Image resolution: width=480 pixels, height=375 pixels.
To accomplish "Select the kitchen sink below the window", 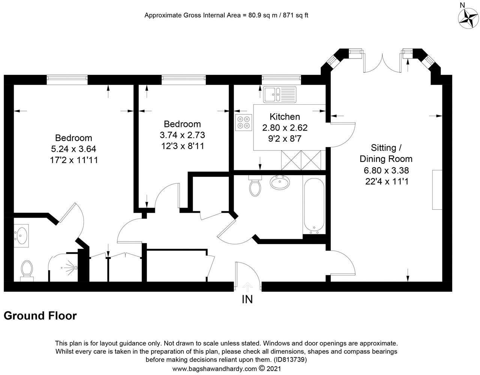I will [279, 94].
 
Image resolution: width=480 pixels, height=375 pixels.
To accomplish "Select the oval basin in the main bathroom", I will [280, 183].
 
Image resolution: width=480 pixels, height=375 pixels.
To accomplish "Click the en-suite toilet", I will [27, 270].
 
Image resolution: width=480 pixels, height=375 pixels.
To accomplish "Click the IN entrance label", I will [247, 299].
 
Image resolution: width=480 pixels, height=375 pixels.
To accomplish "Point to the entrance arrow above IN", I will [247, 287].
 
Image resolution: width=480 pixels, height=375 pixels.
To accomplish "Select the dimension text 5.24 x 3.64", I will [73, 149].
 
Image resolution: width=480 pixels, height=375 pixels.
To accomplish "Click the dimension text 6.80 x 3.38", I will [386, 170].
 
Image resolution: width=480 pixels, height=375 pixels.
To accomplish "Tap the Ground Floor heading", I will [40, 316].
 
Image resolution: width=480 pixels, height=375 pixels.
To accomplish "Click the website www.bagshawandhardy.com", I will [214, 369].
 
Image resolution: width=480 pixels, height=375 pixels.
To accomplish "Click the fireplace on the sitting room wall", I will [437, 189].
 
